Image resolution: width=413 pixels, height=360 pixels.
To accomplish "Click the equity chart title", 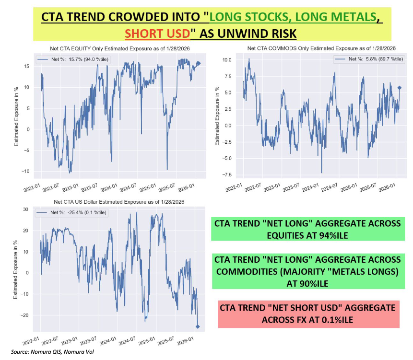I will pyautogui.click(x=114, y=49).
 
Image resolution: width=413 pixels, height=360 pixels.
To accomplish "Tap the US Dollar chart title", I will pyautogui.click(x=113, y=202).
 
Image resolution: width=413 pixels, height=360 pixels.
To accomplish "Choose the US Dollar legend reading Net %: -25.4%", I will pyautogui.click(x=72, y=211).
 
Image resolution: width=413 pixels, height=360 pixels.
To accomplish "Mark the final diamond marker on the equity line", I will pyautogui.click(x=199, y=63).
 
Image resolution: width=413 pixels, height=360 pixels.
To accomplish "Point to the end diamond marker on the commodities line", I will pyautogui.click(x=400, y=88).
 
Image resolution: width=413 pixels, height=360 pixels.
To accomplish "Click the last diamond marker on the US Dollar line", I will pyautogui.click(x=198, y=326).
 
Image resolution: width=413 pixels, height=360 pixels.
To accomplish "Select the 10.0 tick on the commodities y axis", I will pyautogui.click(x=226, y=60).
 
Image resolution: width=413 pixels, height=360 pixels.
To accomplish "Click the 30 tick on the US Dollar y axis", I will pyautogui.click(x=28, y=209).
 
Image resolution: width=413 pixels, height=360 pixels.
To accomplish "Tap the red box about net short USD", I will pyautogui.click(x=308, y=314).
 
